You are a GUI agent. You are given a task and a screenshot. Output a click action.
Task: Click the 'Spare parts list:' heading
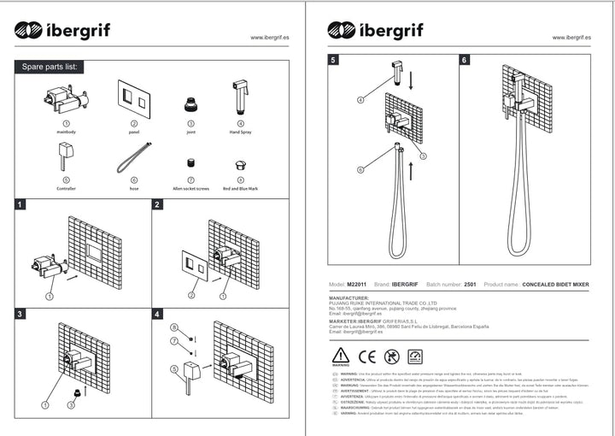pyautogui.click(x=50, y=67)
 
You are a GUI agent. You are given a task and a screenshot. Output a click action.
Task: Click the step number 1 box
pyautogui.click(x=20, y=205)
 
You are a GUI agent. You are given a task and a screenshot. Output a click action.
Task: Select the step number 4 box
pyautogui.click(x=157, y=315)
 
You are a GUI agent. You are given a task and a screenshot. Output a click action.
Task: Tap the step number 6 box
pyautogui.click(x=464, y=60)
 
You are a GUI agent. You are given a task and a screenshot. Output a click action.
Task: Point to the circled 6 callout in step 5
pyautogui.click(x=361, y=169)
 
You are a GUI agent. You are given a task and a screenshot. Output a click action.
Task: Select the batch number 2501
pyautogui.click(x=469, y=284)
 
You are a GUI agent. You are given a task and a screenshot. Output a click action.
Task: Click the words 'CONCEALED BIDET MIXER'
pyautogui.click(x=555, y=284)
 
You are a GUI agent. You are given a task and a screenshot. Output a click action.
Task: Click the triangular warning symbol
pyautogui.click(x=340, y=355)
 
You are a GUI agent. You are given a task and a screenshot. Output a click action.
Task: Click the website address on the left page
pyautogui.click(x=268, y=38)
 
